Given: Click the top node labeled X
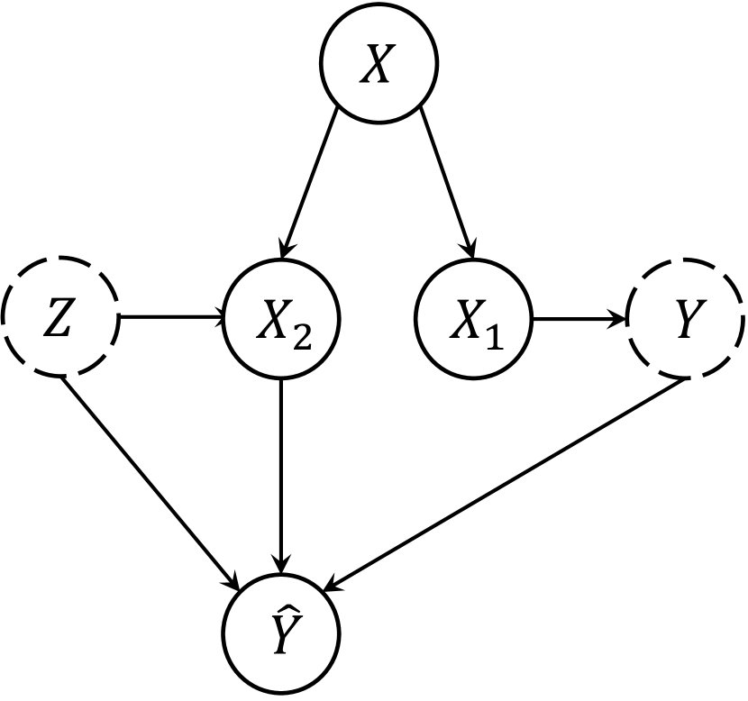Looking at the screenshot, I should (x=379, y=68).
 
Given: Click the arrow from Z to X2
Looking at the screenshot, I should (x=171, y=318).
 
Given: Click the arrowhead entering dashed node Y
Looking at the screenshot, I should (x=619, y=318).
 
